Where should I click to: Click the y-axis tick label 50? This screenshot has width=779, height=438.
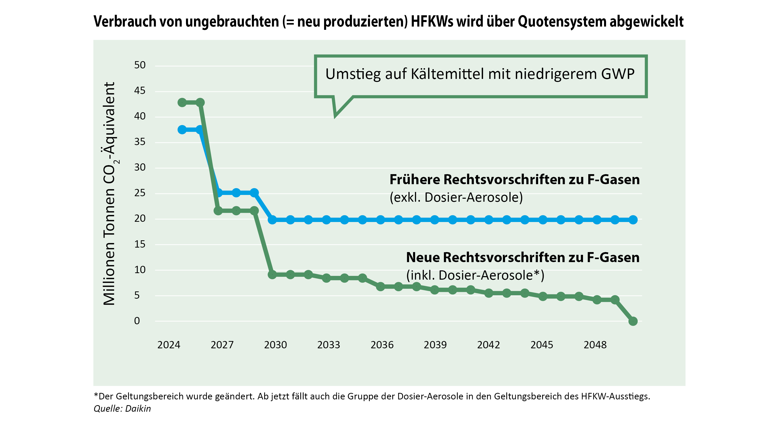point(140,65)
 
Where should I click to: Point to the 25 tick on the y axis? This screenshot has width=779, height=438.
point(140,193)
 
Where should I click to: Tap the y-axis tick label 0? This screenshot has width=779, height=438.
point(137,321)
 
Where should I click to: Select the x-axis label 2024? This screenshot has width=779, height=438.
point(168,345)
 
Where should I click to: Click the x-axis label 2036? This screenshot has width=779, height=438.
point(382,345)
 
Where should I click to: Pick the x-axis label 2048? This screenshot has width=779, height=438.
point(595,345)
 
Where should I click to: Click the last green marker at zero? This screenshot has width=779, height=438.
point(633,321)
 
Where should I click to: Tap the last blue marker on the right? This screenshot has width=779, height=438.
point(633,220)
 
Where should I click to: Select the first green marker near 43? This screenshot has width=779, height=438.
point(182,102)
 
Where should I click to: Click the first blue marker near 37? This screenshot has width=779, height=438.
point(182,130)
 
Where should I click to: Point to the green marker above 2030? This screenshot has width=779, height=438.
point(272,274)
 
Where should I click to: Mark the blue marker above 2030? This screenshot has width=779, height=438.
point(272,220)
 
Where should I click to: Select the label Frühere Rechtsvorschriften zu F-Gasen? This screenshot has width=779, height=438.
point(514,180)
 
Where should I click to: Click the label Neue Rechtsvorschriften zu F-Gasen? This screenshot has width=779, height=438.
point(523,258)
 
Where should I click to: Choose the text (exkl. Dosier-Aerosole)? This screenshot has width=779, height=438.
point(456,197)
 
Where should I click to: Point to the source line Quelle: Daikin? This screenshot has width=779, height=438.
point(122,409)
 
